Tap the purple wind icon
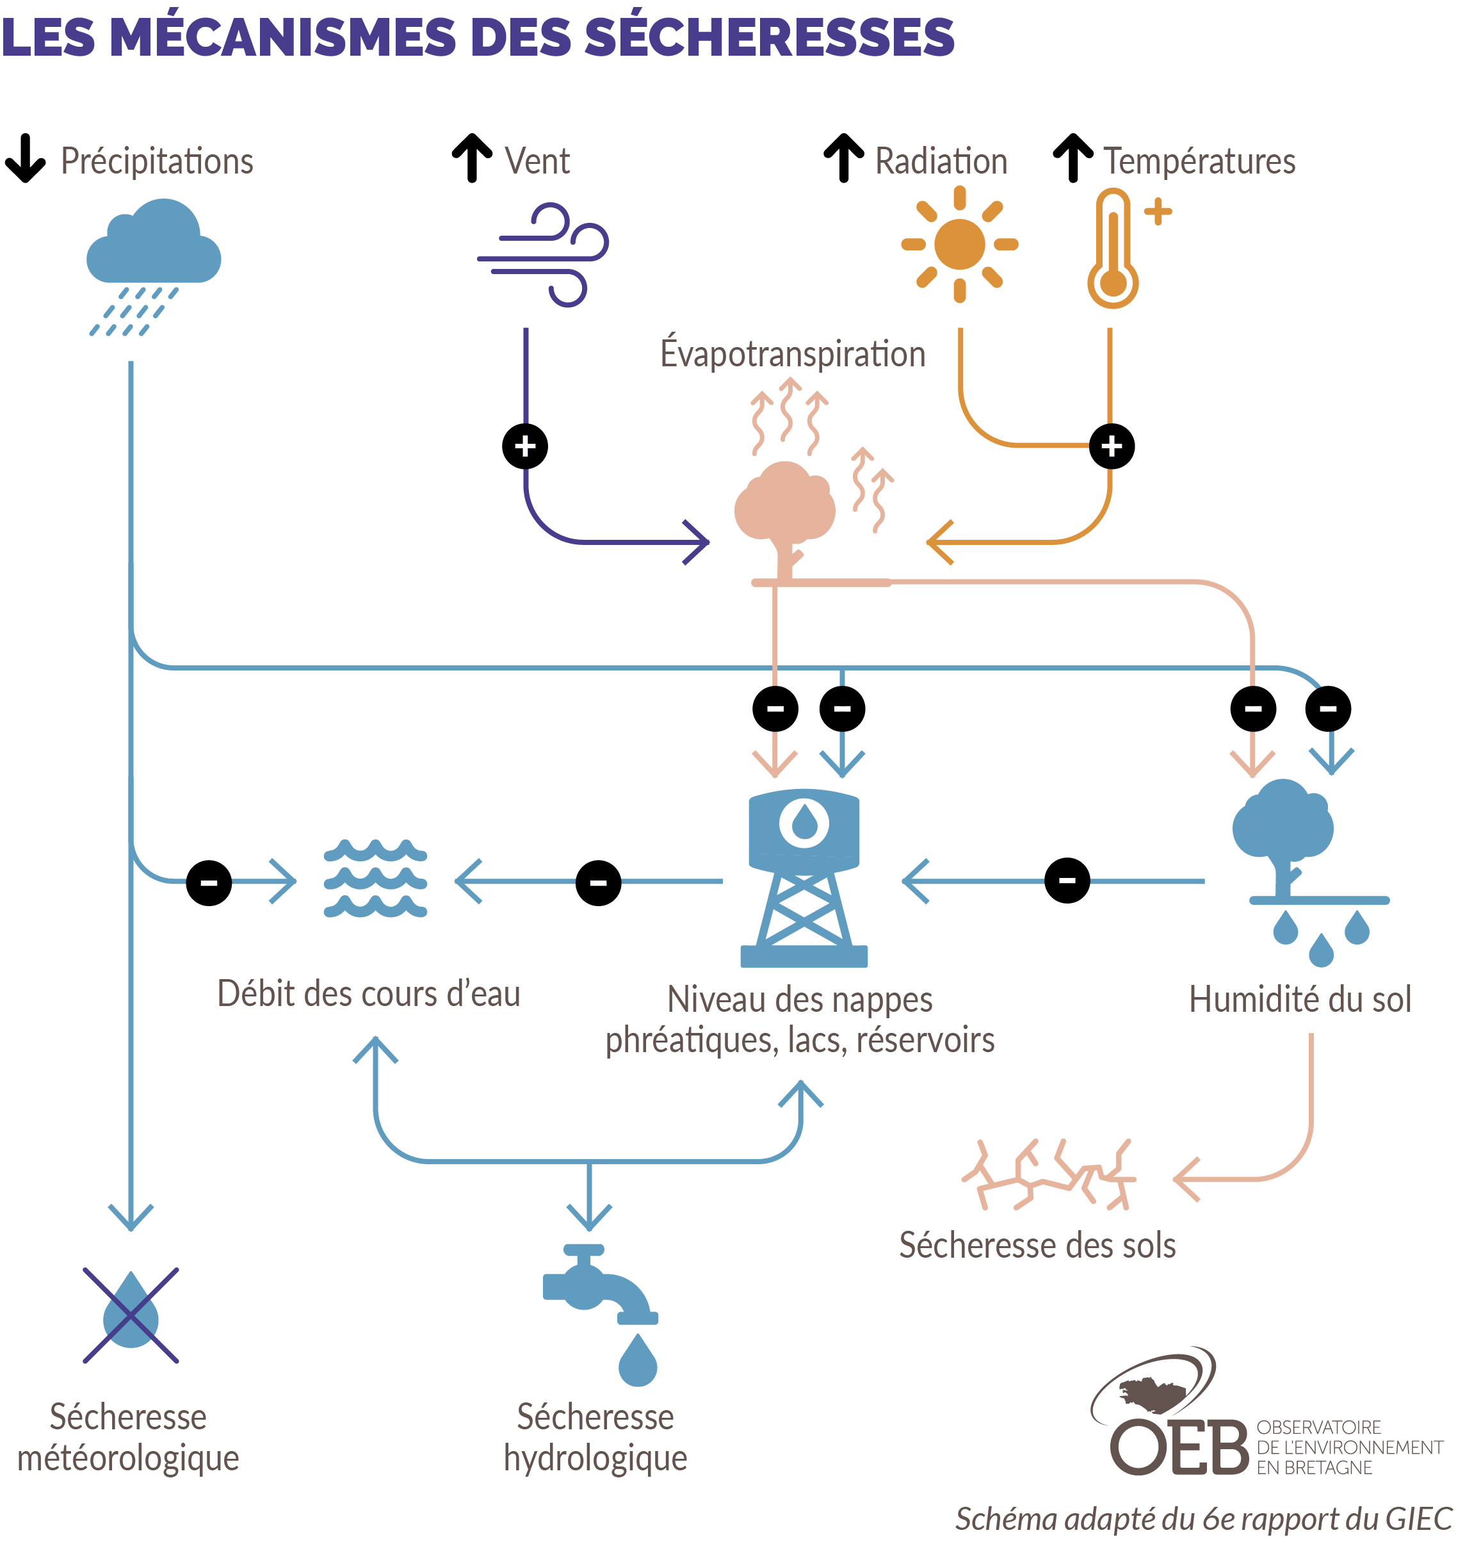543,254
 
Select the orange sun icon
959,244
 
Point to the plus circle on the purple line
525,446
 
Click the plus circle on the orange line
1112,446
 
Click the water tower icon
804,877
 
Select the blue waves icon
375,878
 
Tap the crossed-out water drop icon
131,1315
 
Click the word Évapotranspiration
793,353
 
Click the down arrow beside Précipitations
25,159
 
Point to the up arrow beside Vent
472,158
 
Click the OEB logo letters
1179,1447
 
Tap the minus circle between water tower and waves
599,882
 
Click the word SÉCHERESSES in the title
770,37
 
